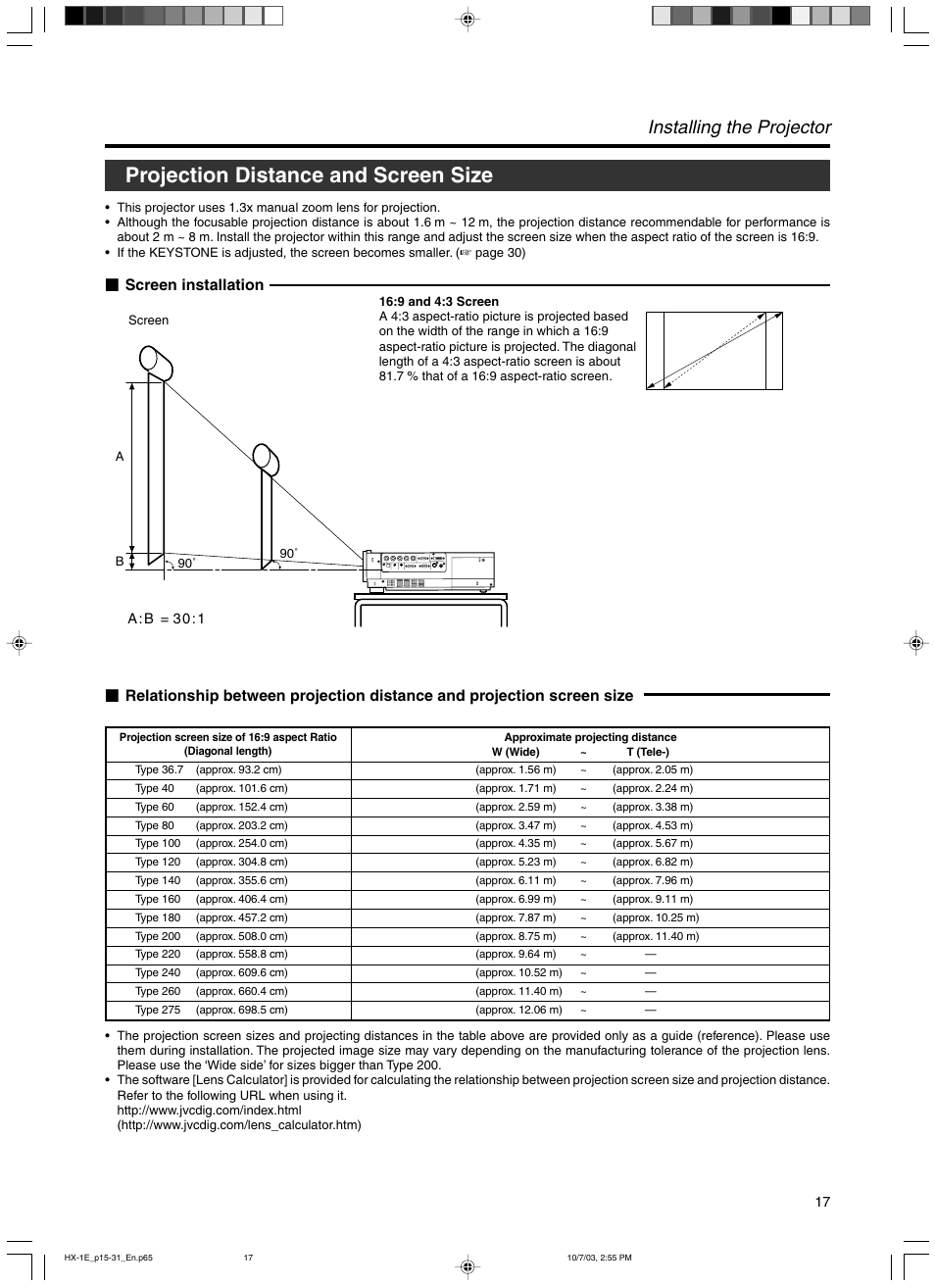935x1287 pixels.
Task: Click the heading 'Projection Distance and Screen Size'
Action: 309,175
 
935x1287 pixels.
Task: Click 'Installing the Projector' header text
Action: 739,127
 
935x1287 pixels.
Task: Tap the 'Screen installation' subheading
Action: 194,285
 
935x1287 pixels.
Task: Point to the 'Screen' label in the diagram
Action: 148,321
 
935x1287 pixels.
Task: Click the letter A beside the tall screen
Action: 120,457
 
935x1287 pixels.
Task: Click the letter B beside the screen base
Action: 120,562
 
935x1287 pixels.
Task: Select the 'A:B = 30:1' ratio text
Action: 166,619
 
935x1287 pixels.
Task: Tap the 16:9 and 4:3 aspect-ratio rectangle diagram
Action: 714,351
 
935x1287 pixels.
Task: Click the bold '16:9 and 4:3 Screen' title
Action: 438,302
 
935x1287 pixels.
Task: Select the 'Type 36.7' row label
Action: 159,770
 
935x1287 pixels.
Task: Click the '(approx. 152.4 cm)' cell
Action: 241,808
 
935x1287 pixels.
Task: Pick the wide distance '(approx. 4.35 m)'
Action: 516,844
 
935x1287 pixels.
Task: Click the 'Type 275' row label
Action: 158,1011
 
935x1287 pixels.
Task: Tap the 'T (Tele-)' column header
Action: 648,753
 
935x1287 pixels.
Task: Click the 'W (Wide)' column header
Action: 516,753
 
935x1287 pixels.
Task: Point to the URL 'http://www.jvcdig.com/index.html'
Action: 209,1111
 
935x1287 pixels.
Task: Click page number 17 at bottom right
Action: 822,1202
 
